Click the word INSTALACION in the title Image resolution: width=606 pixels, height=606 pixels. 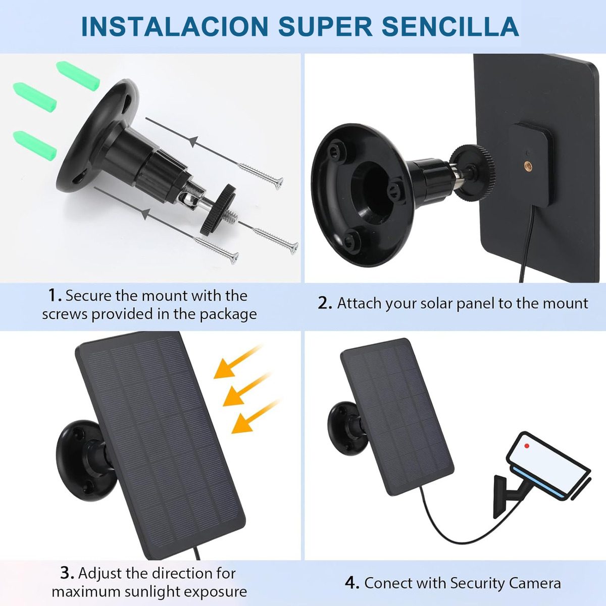click(175, 26)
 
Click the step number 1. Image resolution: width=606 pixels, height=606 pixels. click(55, 295)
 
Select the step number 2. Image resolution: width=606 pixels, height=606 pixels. click(325, 304)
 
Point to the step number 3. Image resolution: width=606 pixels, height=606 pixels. click(67, 573)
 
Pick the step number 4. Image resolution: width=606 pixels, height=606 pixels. click(351, 583)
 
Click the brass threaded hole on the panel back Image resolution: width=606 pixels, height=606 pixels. click(529, 165)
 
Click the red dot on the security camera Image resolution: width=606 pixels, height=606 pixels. click(527, 446)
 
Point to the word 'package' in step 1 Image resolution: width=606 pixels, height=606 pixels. click(228, 314)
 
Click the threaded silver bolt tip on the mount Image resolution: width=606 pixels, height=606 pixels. click(232, 217)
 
